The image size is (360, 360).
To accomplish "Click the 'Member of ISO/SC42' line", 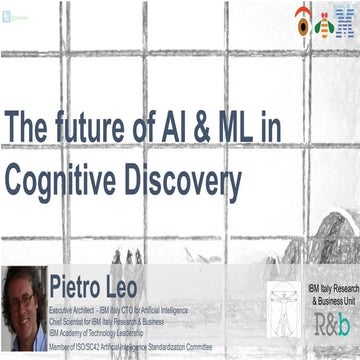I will click(130, 342).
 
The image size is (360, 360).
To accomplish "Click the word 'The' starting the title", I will click(28, 129).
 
